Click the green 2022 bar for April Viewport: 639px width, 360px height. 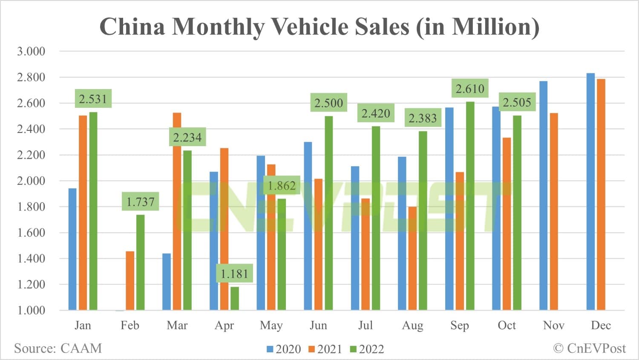pos(234,298)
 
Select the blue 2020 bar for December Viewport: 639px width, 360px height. pos(590,192)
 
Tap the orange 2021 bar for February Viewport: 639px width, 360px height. pos(130,281)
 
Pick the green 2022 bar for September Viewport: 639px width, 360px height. pos(470,206)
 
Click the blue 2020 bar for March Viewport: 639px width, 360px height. pos(167,282)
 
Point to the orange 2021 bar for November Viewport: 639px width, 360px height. pos(554,211)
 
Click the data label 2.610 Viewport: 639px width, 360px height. pos(470,89)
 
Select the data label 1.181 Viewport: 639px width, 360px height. pos(234,274)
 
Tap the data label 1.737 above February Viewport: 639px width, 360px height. pos(141,202)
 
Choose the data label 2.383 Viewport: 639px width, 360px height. pos(423,118)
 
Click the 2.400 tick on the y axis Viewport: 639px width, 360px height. pos(31,129)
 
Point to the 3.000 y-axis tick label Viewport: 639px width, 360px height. pos(31,52)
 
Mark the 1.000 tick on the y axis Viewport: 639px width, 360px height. pos(31,310)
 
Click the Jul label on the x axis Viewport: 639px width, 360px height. pos(366,325)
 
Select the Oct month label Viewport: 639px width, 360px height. pos(507,325)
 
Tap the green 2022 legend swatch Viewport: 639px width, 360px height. pos(353,349)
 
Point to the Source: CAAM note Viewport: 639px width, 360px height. pos(58,348)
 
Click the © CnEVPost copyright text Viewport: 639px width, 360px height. pos(589,348)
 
